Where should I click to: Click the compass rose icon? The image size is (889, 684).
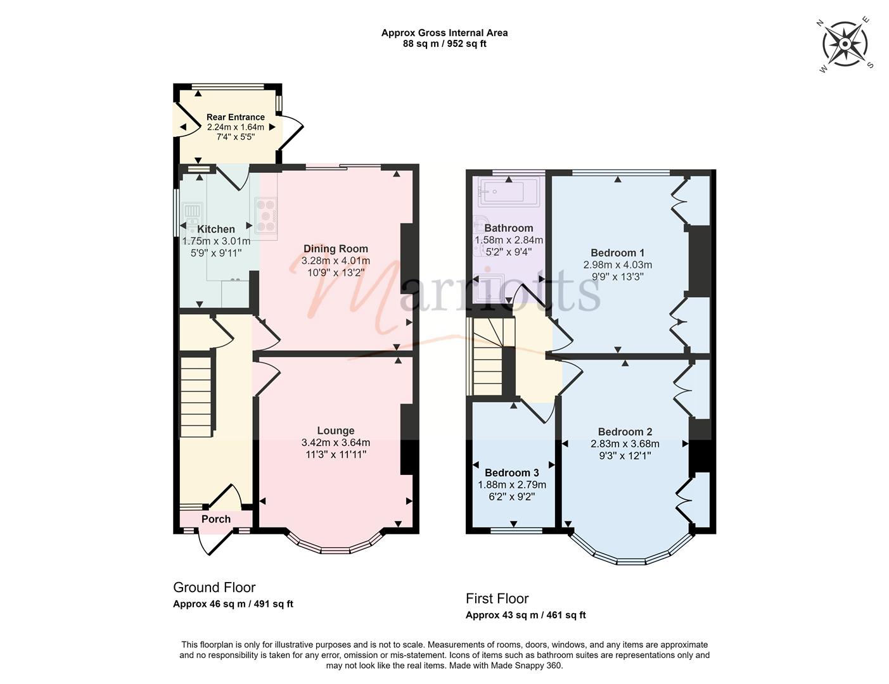(846, 44)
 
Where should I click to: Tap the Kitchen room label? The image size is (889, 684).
(216, 229)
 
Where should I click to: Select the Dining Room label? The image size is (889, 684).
(335, 249)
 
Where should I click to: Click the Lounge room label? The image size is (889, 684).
(336, 431)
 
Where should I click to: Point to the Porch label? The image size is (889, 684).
(216, 519)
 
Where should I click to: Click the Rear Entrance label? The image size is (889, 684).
(236, 117)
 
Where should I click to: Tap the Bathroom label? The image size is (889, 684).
(509, 228)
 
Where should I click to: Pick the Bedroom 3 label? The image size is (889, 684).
(512, 473)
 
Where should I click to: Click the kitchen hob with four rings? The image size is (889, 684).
(266, 215)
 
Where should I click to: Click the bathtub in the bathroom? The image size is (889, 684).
(509, 191)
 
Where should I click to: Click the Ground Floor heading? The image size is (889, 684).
(214, 588)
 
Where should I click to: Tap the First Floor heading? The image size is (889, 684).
(497, 598)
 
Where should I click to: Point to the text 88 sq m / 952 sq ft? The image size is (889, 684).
(444, 44)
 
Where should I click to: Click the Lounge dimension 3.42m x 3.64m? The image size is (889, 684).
(336, 443)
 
